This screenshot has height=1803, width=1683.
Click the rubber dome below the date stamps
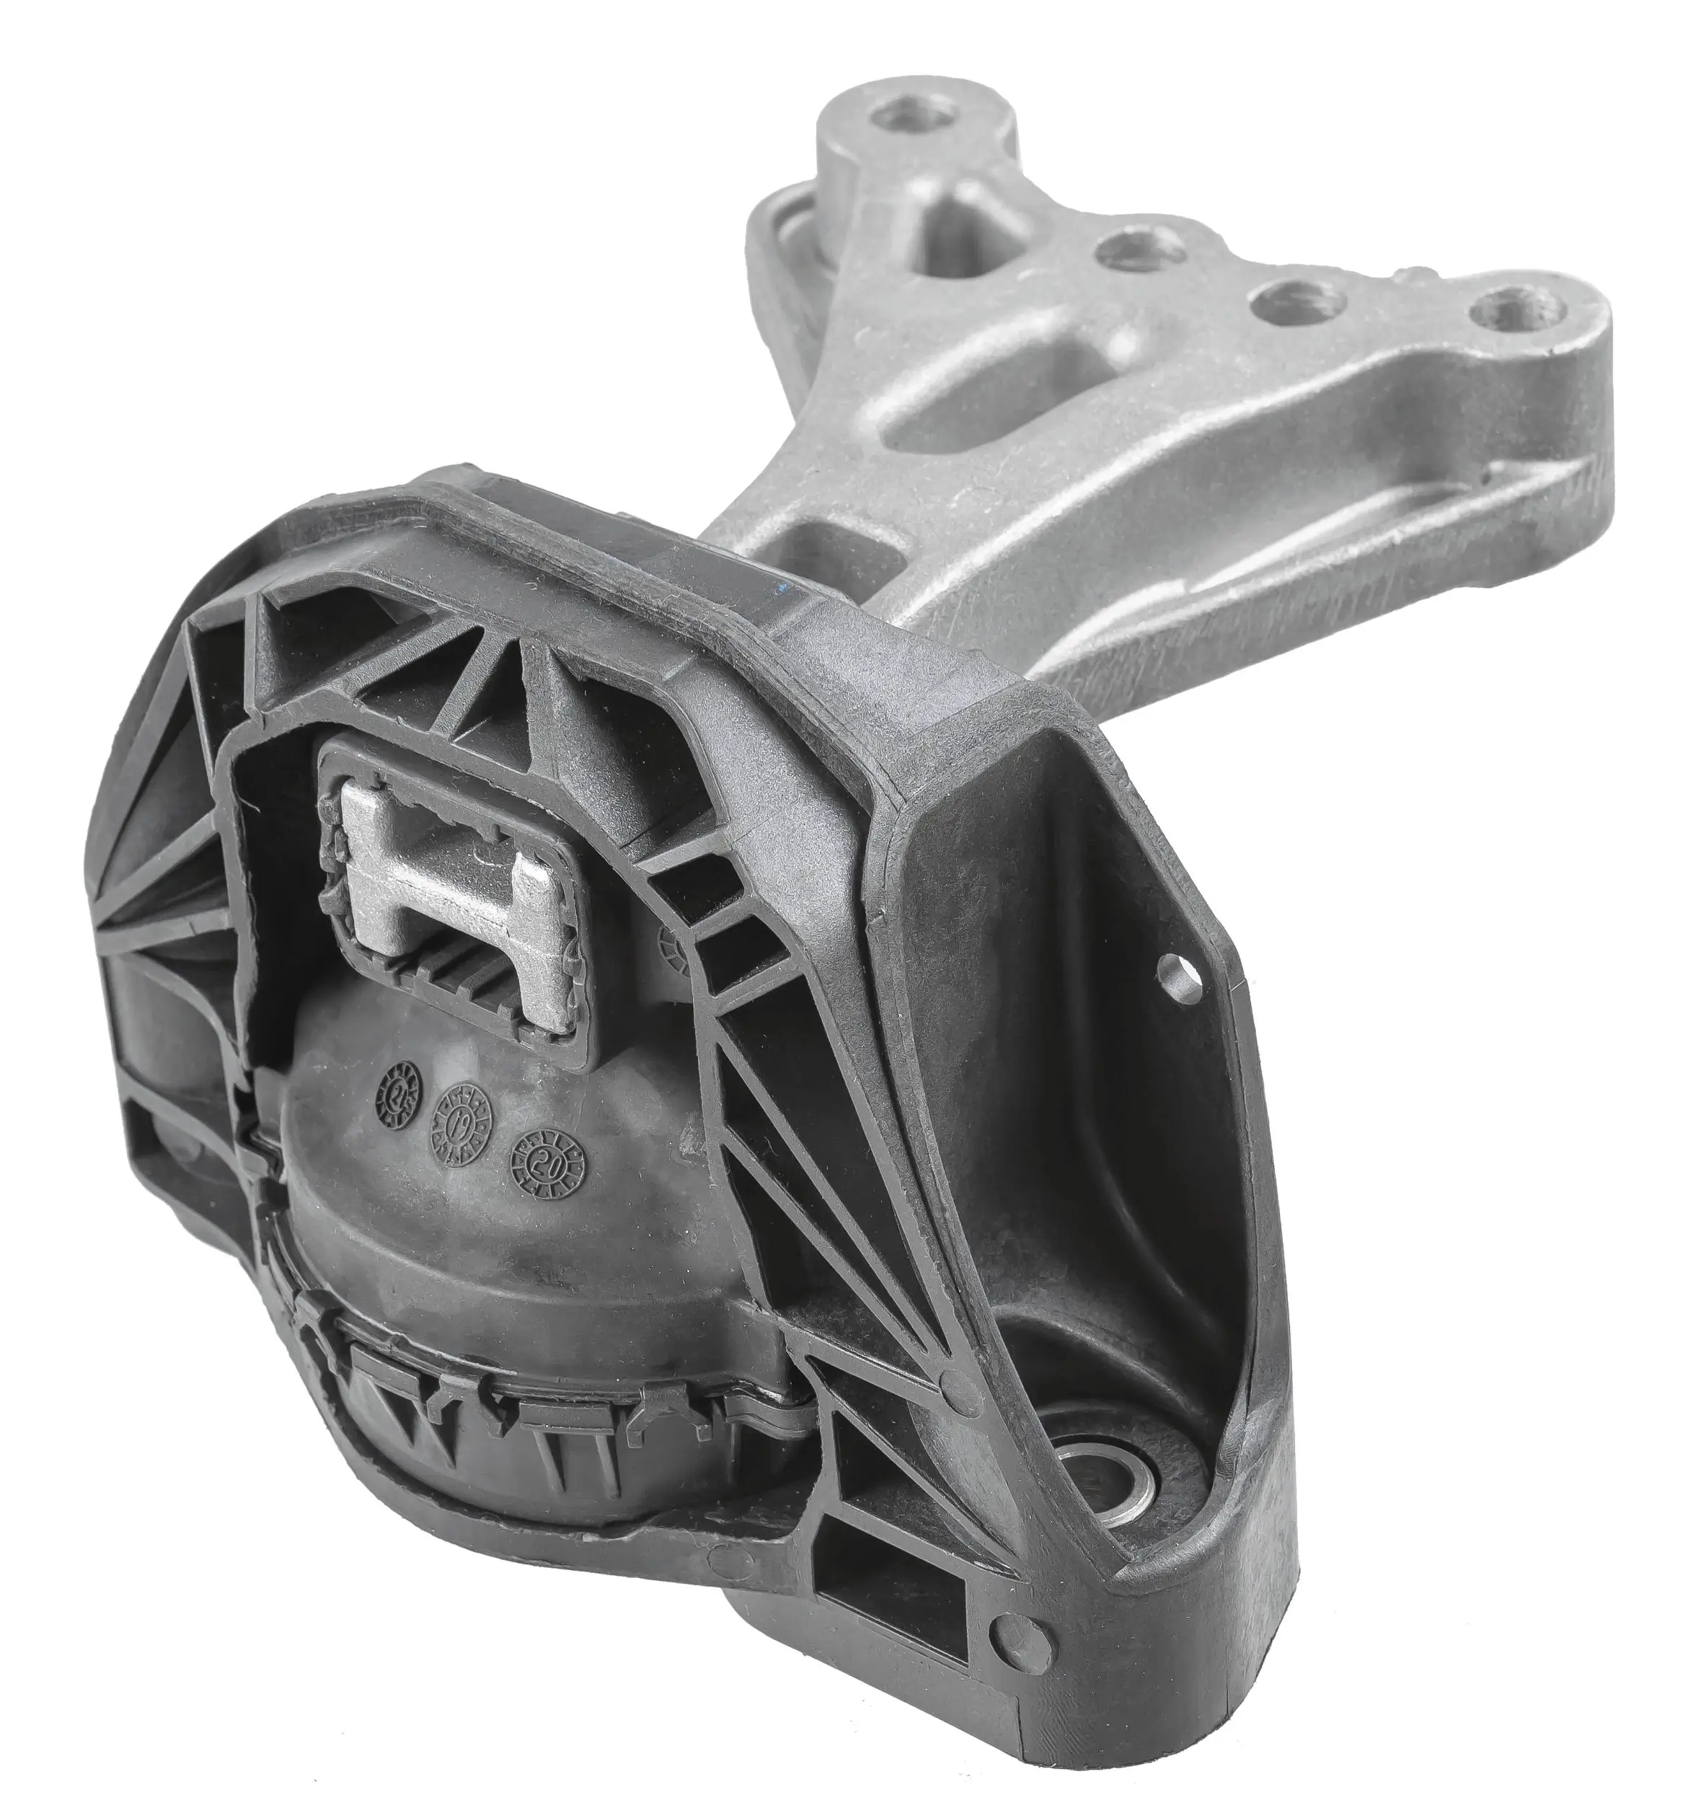click(x=508, y=1270)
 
